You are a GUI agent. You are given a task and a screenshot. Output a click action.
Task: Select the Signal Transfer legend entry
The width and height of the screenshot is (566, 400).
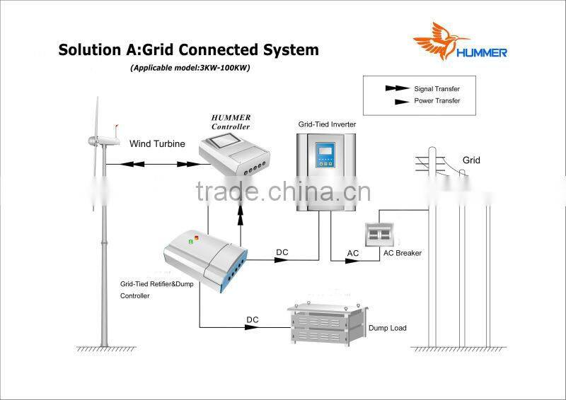click(437, 89)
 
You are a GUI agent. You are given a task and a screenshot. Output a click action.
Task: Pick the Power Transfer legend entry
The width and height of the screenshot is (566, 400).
click(437, 101)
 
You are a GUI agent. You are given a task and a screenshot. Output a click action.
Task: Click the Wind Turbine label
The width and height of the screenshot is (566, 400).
click(157, 143)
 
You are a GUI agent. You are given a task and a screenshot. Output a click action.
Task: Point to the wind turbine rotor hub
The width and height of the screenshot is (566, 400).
click(99, 140)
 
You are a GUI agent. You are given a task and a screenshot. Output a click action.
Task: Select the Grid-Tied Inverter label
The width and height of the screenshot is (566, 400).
click(327, 124)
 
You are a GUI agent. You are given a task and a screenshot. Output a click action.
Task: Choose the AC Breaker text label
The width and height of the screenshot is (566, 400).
click(402, 253)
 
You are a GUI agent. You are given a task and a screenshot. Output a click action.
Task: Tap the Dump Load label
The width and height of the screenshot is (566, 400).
click(387, 328)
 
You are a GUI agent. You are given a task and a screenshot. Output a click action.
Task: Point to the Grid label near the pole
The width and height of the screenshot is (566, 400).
click(471, 160)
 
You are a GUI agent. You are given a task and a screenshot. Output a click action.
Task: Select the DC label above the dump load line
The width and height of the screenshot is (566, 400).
click(253, 320)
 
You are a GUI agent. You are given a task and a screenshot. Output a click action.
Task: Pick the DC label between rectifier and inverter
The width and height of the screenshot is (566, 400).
click(282, 252)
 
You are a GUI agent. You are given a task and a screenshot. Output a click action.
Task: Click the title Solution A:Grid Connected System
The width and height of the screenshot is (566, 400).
click(188, 50)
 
